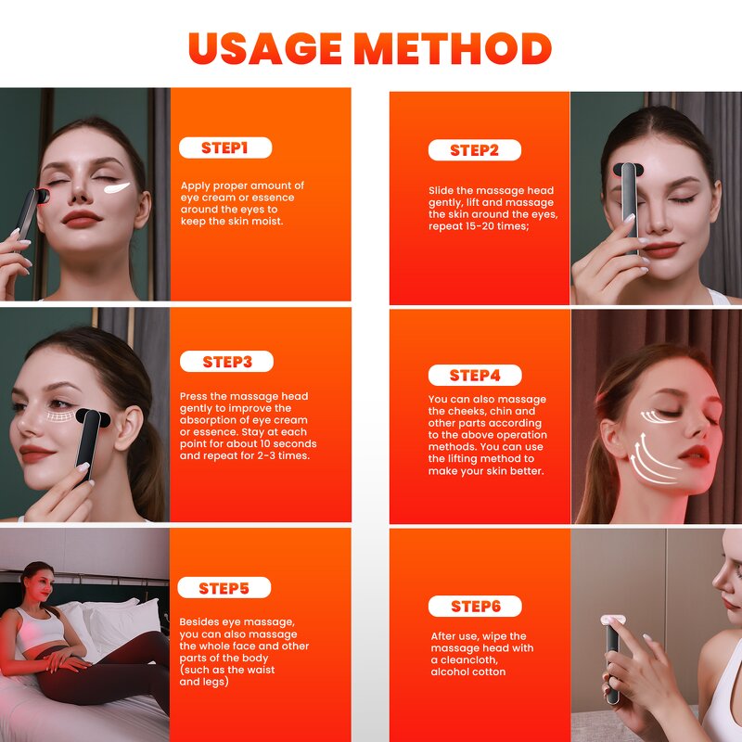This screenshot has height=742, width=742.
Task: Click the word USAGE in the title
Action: tap(267, 48)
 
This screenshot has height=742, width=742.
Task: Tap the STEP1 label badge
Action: tap(225, 147)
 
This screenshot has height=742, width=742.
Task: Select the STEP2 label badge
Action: tap(474, 150)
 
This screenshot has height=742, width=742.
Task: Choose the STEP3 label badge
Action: tap(226, 362)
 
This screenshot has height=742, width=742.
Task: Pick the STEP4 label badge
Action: tap(474, 376)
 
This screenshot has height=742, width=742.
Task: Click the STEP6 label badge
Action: tap(474, 607)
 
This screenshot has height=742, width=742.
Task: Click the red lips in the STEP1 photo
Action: tap(81, 219)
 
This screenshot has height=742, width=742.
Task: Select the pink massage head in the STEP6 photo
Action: tap(615, 617)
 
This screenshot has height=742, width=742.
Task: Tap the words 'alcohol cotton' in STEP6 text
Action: tap(467, 672)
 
